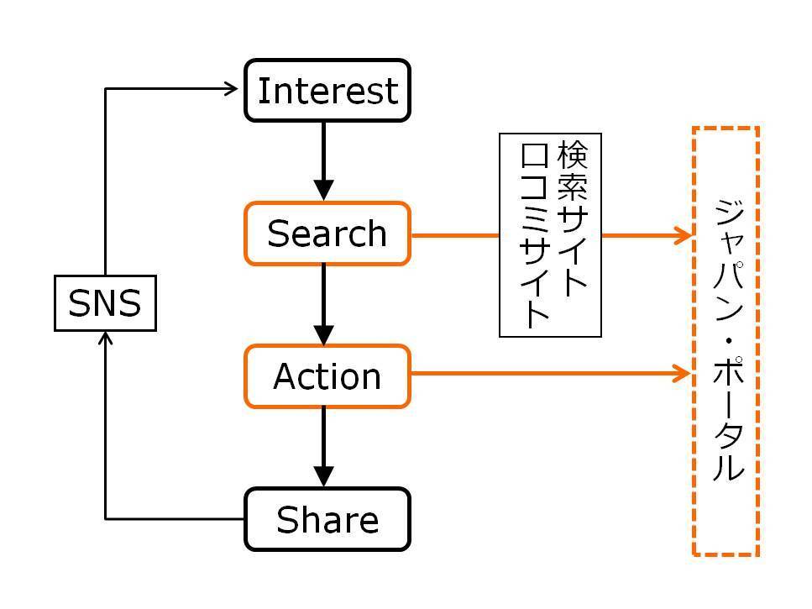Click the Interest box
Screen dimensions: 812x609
click(327, 91)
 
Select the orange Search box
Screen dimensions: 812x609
click(327, 234)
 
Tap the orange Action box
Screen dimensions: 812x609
click(327, 376)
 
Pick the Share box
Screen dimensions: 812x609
click(327, 519)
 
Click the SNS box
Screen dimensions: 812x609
click(105, 303)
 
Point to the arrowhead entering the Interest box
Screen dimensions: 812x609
click(231, 88)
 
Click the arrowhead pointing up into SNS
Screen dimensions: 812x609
click(105, 339)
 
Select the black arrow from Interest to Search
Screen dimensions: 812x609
click(323, 161)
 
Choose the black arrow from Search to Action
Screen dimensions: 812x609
click(323, 305)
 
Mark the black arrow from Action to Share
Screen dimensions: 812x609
click(323, 448)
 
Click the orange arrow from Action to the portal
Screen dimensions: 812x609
click(551, 373)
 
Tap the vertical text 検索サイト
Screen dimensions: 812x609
click(572, 218)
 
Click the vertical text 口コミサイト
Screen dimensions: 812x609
click(534, 235)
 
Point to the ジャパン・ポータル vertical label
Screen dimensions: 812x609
click(728, 339)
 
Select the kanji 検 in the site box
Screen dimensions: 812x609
click(572, 155)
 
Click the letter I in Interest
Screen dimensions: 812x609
click(263, 91)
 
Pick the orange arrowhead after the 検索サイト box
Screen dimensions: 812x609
click(683, 235)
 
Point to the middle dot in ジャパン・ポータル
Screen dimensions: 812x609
click(729, 341)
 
